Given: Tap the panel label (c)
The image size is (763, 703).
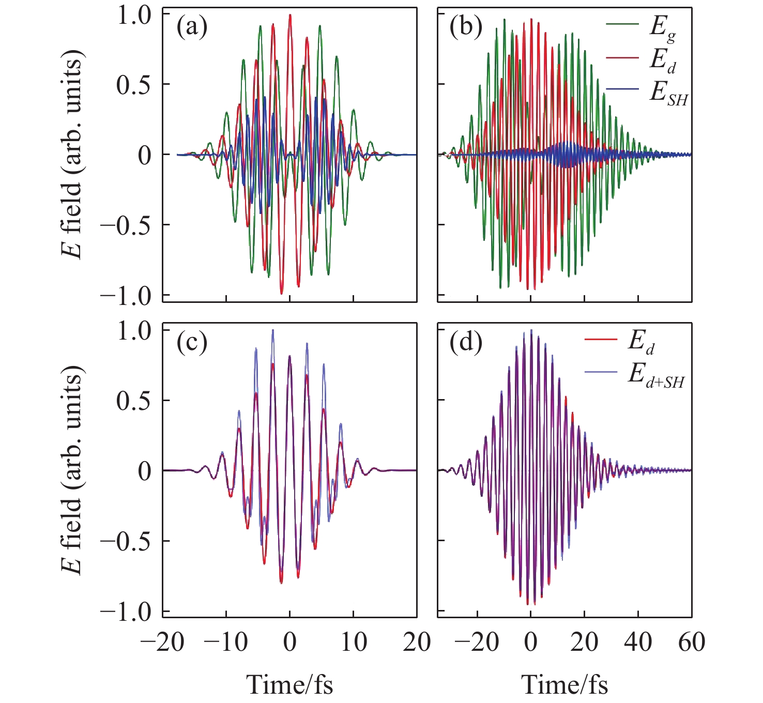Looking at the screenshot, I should (x=192, y=342).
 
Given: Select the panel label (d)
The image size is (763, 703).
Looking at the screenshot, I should (x=466, y=342).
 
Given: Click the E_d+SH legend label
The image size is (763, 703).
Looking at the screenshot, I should (x=656, y=374).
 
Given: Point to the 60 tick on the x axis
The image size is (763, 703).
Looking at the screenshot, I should (x=692, y=642).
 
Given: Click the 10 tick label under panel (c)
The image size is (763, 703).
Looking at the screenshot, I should (x=354, y=642).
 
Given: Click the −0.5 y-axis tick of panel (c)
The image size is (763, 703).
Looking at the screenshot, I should (x=125, y=541).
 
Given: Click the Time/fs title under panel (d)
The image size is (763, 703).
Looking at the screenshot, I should (x=564, y=684).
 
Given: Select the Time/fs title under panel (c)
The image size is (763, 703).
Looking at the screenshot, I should (x=289, y=684).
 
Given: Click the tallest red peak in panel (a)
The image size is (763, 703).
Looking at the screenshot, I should (x=290, y=15).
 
